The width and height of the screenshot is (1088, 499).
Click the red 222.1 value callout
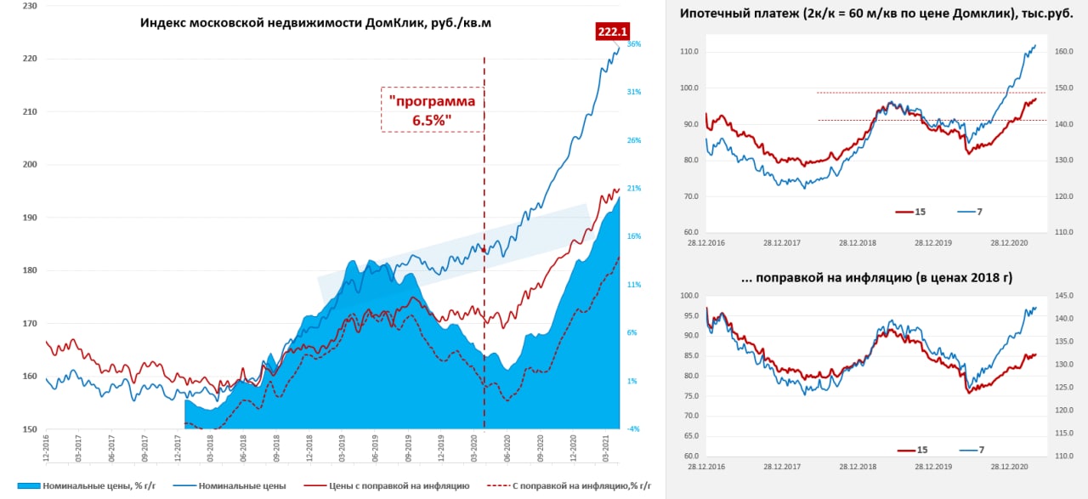pyautogui.click(x=612, y=31)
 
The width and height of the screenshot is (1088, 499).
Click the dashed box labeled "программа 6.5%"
pyautogui.click(x=432, y=110)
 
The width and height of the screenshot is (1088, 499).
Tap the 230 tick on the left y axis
pyautogui.click(x=30, y=6)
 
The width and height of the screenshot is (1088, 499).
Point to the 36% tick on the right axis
pyautogui.click(x=633, y=44)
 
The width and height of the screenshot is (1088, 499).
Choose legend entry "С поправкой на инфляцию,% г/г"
pyautogui.click(x=575, y=485)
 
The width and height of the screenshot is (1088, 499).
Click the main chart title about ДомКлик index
pyautogui.click(x=315, y=23)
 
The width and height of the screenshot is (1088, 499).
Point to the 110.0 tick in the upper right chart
pyautogui.click(x=688, y=52)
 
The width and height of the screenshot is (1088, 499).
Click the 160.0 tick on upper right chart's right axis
pyautogui.click(x=1064, y=52)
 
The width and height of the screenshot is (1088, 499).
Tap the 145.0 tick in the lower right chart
pyautogui.click(x=1064, y=296)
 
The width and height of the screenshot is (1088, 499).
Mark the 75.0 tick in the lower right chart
pyautogui.click(x=690, y=396)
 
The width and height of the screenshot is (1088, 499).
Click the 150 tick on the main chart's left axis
pyautogui.click(x=30, y=429)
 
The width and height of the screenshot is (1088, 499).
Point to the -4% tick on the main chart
pyautogui.click(x=633, y=429)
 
